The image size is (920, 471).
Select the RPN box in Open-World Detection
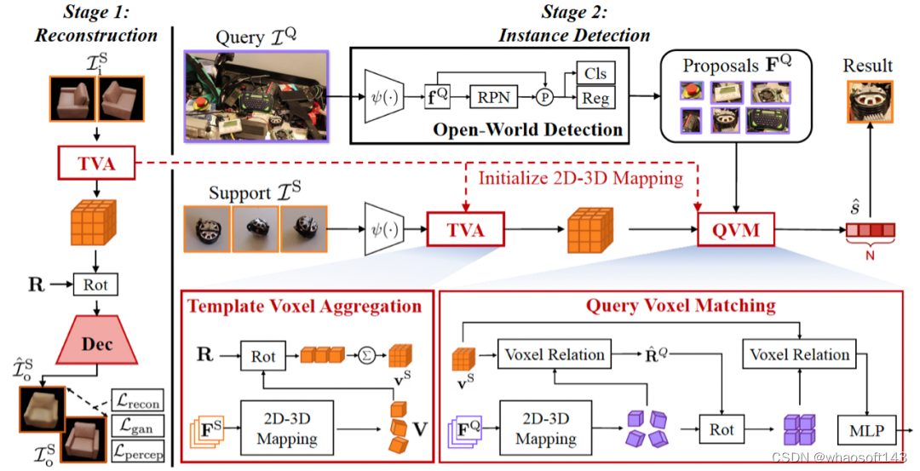tap(494, 97)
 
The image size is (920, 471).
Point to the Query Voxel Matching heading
tap(679, 306)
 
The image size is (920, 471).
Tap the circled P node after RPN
tap(543, 97)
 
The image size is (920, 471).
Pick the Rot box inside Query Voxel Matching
tap(721, 429)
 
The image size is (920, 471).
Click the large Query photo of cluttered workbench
tap(255, 95)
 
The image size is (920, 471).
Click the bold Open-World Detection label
tap(527, 129)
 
